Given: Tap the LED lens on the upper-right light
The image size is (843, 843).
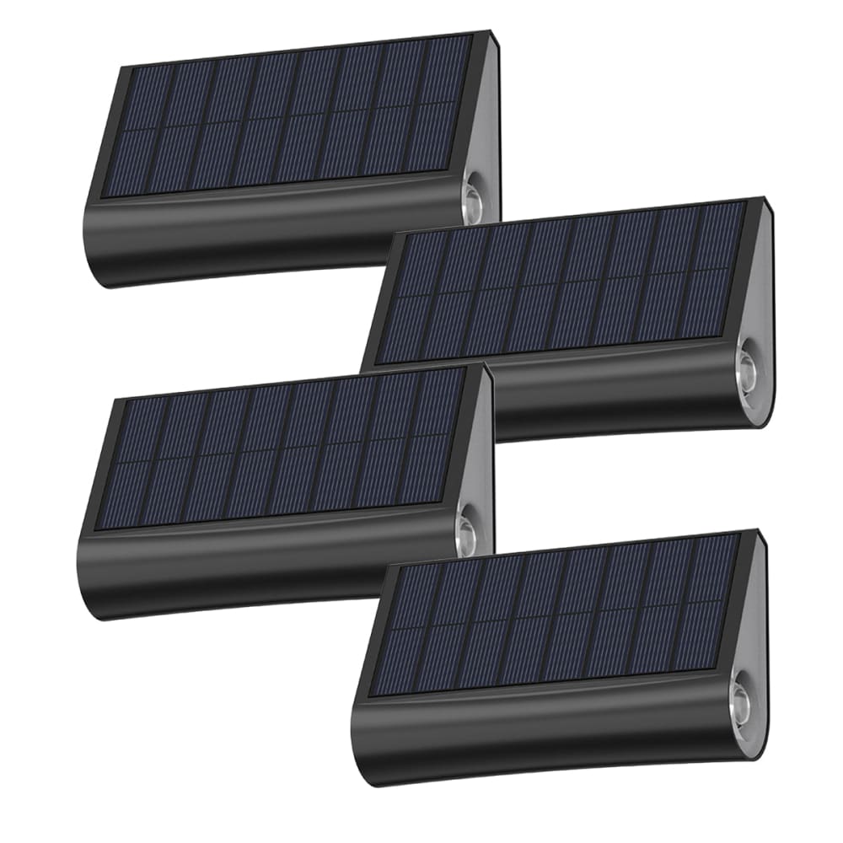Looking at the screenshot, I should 749,365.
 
